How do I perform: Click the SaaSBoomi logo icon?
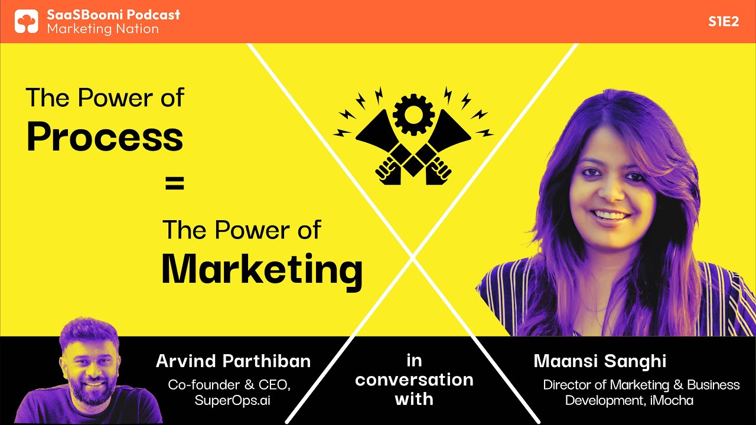[26, 21]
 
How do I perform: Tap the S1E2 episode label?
[724, 22]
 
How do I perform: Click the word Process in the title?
[105, 138]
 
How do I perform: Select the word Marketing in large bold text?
[262, 270]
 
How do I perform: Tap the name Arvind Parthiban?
[233, 361]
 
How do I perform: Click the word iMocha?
[674, 400]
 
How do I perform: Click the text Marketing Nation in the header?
[103, 29]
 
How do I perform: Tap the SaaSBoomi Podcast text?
[113, 14]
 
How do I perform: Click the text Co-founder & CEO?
[229, 385]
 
